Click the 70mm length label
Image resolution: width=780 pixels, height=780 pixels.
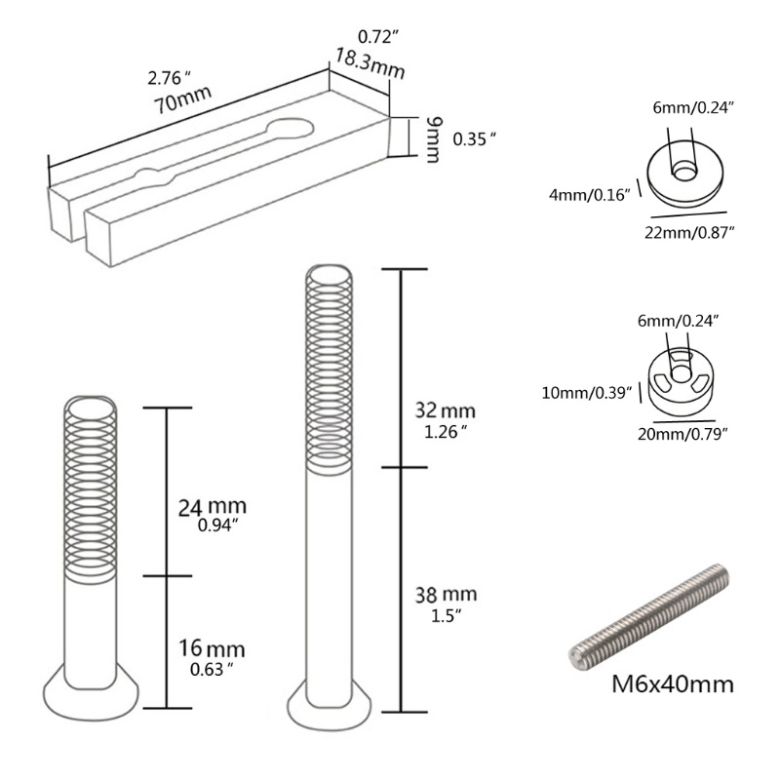pyautogui.click(x=179, y=102)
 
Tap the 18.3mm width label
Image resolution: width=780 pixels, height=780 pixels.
pyautogui.click(x=370, y=67)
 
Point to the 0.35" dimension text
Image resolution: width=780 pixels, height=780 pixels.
pyautogui.click(x=476, y=140)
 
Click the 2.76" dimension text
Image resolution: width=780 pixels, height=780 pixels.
pyautogui.click(x=163, y=76)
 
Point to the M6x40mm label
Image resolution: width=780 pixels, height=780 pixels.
pyautogui.click(x=672, y=683)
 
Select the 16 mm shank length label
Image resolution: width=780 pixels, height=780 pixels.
pyautogui.click(x=213, y=648)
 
